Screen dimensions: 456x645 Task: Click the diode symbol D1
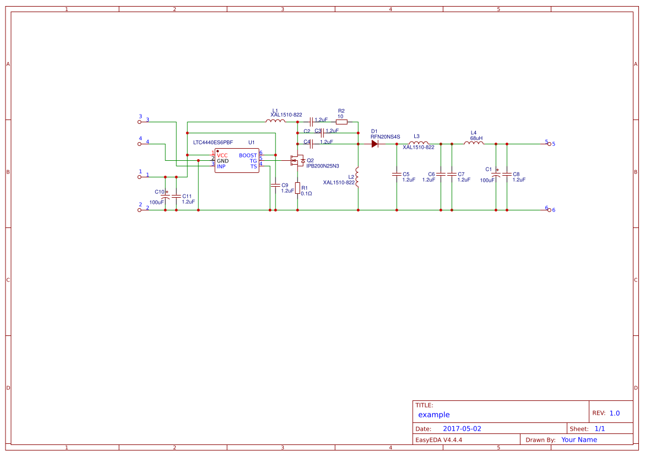pos(375,144)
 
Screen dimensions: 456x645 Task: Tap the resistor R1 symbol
pos(297,188)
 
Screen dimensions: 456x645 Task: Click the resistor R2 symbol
pos(342,122)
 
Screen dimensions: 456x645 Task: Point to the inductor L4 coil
pos(474,143)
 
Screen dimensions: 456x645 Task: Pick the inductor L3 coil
pos(419,143)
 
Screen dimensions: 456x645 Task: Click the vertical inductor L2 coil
pos(357,177)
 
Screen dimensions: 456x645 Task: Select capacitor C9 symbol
pos(275,186)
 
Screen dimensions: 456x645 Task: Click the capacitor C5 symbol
pos(397,174)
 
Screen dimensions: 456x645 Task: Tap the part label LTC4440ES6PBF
pos(213,142)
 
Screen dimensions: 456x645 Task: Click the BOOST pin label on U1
pos(247,155)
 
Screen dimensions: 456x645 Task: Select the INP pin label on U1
pos(221,166)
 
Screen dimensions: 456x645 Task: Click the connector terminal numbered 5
pos(549,144)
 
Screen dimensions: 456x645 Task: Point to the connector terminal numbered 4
pos(139,144)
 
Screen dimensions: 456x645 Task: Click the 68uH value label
pos(476,138)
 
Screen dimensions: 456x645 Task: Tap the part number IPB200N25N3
pos(323,166)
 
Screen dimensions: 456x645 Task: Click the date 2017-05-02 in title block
pos(462,428)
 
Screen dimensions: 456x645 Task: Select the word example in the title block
pos(433,415)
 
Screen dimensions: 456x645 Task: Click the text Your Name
pos(579,439)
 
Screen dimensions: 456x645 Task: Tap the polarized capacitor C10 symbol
pos(165,196)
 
